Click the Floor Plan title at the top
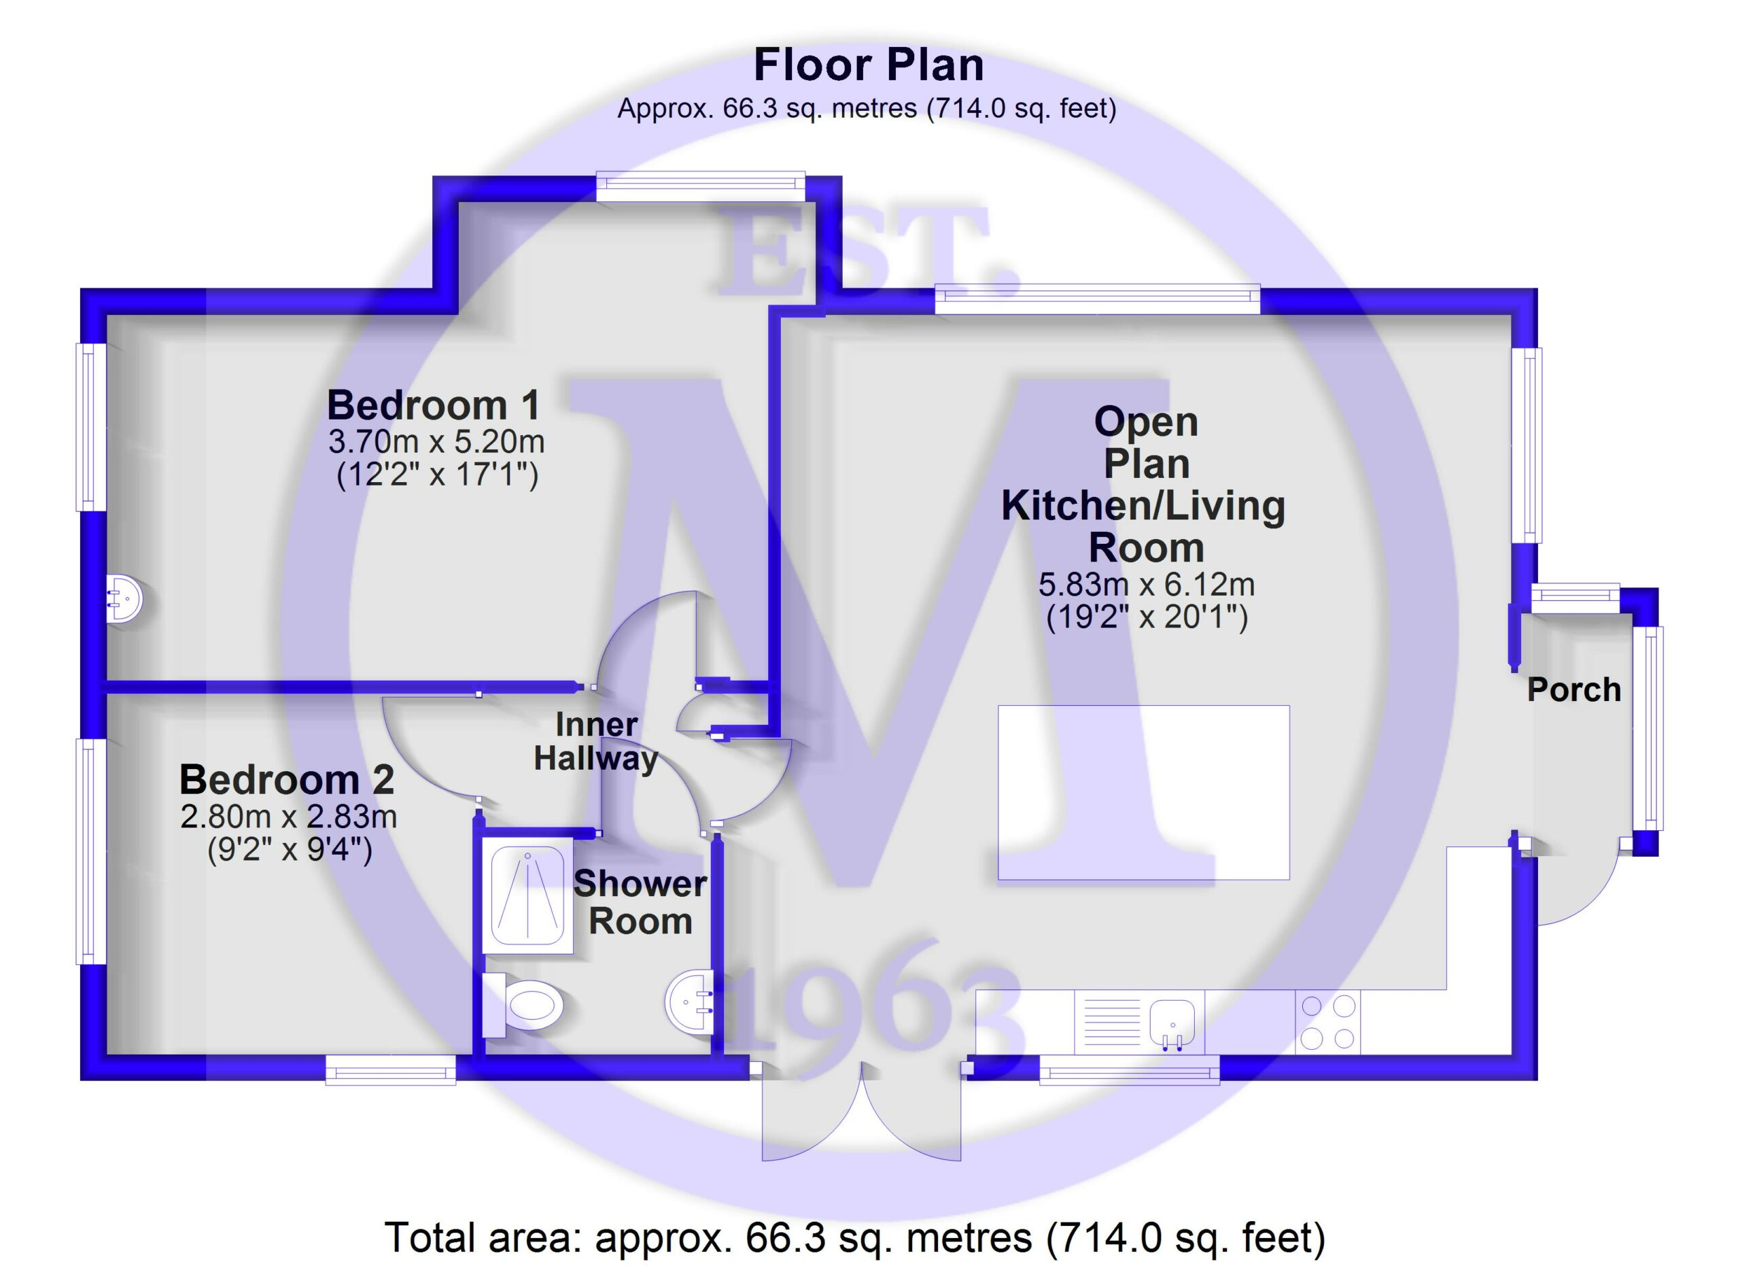(869, 65)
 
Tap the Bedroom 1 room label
(434, 405)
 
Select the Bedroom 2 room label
(287, 780)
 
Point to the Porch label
(1573, 690)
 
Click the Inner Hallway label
(596, 741)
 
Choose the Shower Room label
(641, 902)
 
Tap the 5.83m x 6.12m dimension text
(1147, 585)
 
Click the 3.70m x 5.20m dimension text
(436, 442)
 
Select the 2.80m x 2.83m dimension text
(288, 817)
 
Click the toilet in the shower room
(524, 1005)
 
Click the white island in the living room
(1143, 793)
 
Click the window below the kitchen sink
(1130, 1070)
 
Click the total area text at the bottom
(856, 1237)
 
